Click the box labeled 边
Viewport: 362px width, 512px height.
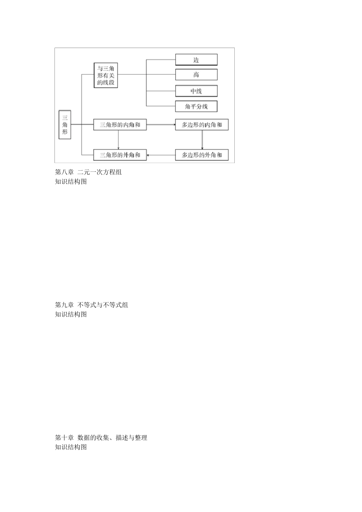click(196, 60)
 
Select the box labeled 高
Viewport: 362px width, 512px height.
click(196, 75)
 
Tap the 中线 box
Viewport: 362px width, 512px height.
click(196, 91)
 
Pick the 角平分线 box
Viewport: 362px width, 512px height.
click(196, 106)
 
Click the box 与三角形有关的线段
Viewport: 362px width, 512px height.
click(106, 75)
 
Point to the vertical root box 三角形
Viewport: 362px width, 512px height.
click(65, 125)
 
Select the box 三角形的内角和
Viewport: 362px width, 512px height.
click(120, 125)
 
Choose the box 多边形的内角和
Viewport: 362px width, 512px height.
click(202, 125)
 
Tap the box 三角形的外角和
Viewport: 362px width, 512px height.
click(120, 155)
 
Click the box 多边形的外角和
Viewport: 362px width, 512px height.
click(202, 155)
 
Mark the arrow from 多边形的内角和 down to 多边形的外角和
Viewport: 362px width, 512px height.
click(202, 140)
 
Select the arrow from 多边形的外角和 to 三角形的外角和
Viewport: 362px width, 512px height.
click(161, 155)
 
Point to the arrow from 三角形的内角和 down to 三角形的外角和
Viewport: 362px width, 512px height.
click(119, 140)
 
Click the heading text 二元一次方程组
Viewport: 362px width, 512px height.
click(99, 172)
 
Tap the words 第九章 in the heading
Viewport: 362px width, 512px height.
click(64, 305)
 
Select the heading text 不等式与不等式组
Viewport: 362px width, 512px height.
click(103, 305)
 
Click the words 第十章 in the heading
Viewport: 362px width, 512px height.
click(64, 438)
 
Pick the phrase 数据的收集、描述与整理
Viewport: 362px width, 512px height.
click(112, 438)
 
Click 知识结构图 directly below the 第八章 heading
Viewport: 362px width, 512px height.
click(71, 182)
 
